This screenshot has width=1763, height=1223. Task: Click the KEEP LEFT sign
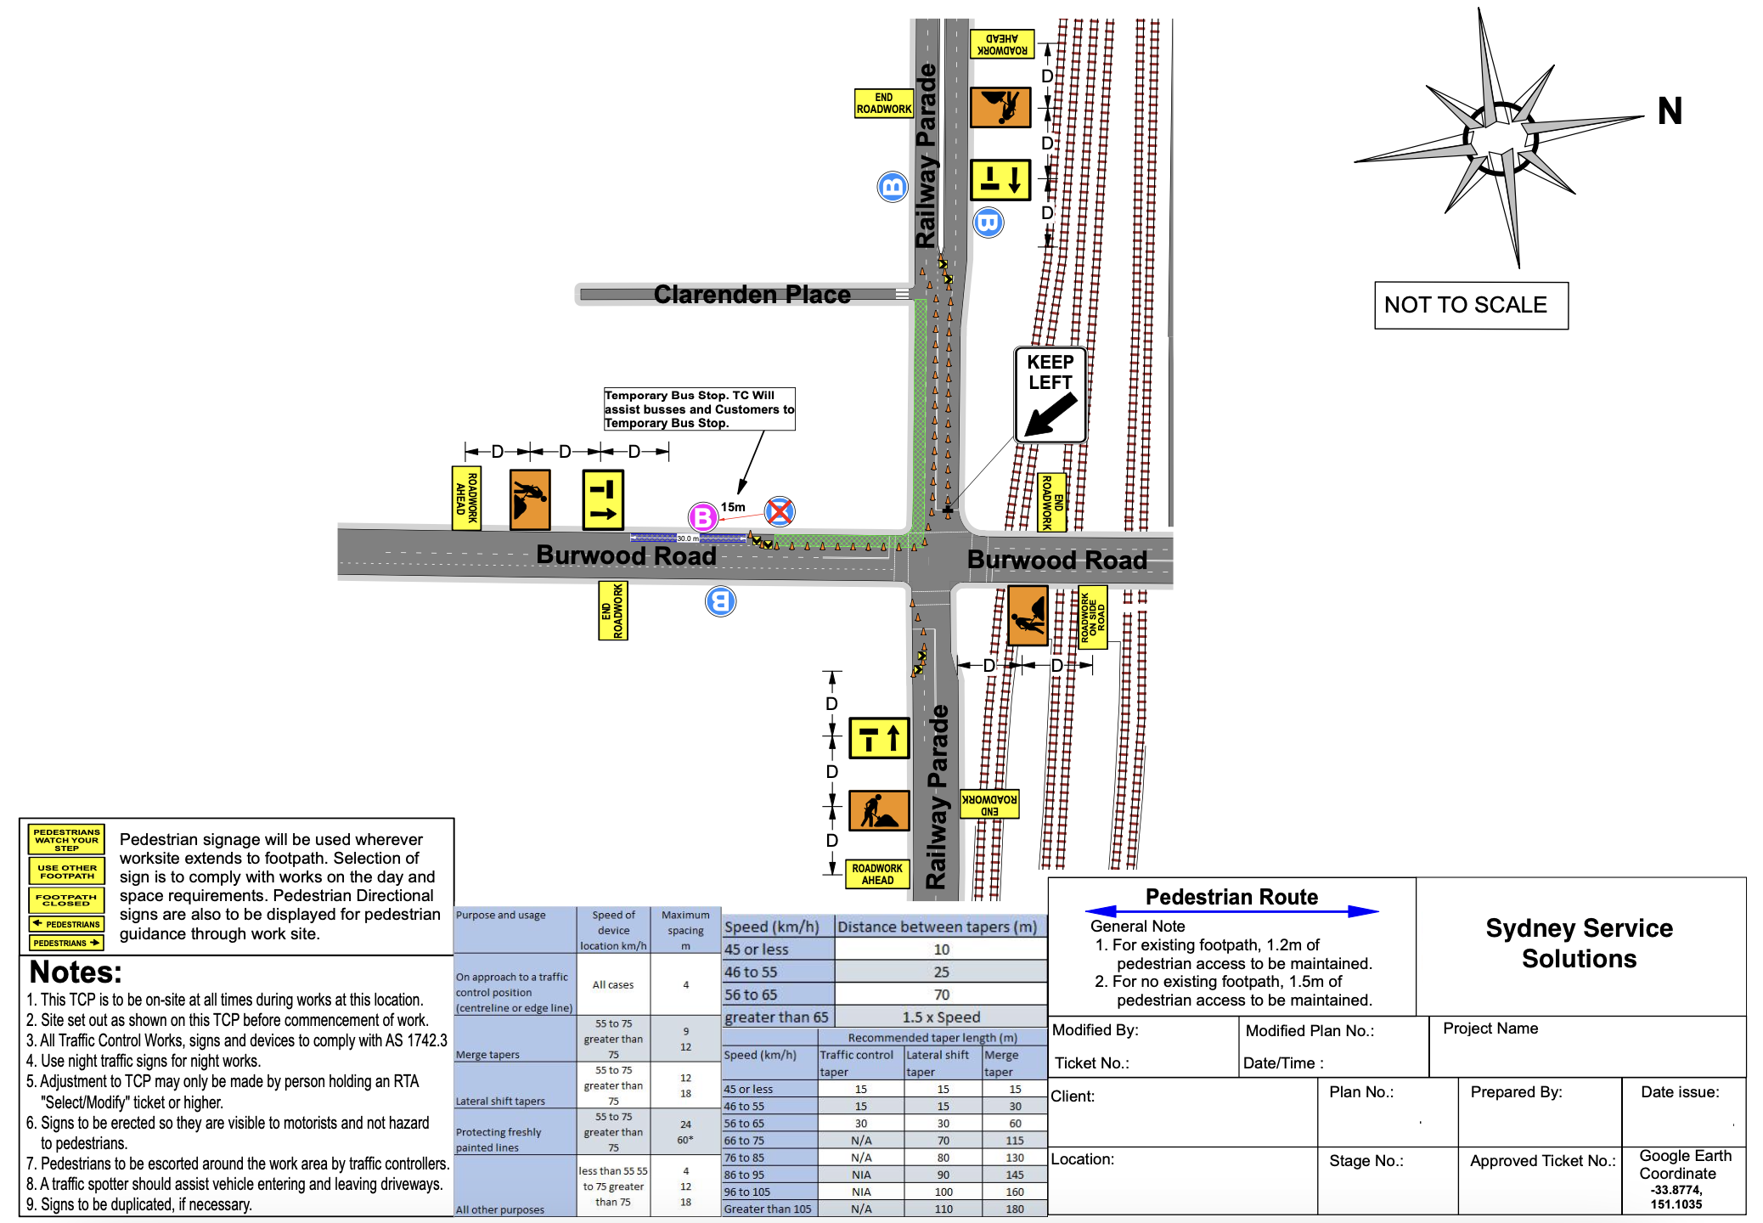pos(1050,394)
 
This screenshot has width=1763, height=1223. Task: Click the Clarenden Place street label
pos(752,295)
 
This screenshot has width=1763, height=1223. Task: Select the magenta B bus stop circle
pos(702,516)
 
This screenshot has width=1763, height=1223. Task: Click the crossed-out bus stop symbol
pos(780,511)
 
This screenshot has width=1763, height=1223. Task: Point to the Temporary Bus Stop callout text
pos(698,409)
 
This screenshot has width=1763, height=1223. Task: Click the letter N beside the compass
pos(1669,111)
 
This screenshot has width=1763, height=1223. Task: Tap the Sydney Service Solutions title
pos(1579,944)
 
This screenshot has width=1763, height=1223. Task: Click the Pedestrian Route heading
pos(1231,898)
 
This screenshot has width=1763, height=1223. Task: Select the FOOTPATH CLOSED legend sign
pos(66,899)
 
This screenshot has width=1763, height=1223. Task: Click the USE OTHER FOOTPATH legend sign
pos(66,871)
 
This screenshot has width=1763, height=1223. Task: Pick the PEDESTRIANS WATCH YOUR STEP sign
pos(66,840)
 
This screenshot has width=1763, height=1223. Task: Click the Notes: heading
pos(76,972)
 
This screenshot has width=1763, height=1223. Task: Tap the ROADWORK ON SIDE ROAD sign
pos(1092,617)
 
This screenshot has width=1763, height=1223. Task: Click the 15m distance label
pos(733,507)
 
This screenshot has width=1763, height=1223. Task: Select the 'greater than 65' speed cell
pos(776,1017)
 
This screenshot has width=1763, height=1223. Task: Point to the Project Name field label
pos(1490,1029)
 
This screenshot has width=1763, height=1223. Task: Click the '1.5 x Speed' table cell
pos(941,1017)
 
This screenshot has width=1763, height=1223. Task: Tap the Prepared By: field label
pos(1516,1092)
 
